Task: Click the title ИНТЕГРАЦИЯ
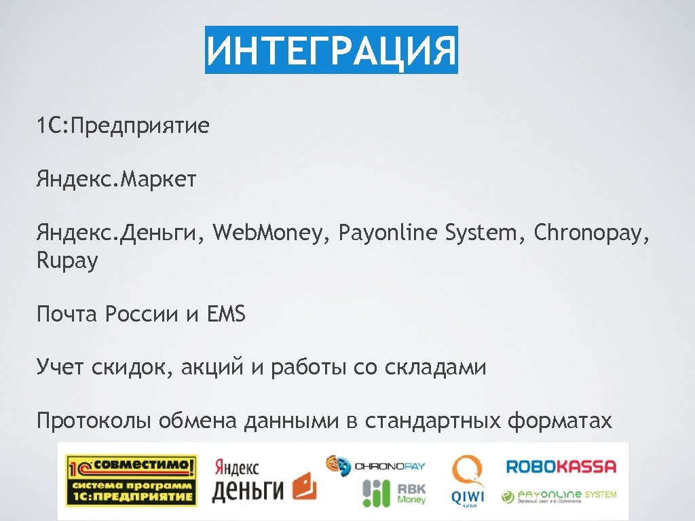click(332, 50)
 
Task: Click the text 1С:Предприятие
click(123, 126)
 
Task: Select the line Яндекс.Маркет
click(117, 180)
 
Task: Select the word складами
click(435, 368)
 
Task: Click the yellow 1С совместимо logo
click(131, 480)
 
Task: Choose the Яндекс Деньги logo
click(238, 480)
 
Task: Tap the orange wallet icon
click(304, 486)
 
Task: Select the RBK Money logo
click(394, 493)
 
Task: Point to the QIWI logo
click(468, 480)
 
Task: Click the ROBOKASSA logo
click(561, 466)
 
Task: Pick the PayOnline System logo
click(559, 496)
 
